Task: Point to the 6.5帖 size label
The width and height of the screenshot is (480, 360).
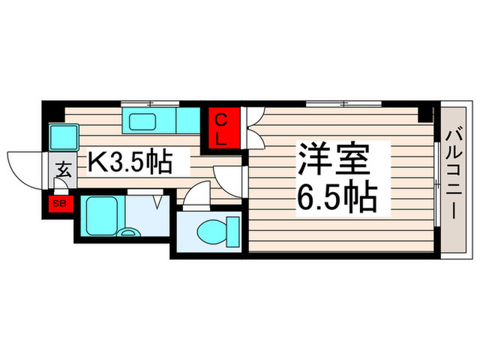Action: [x=336, y=197]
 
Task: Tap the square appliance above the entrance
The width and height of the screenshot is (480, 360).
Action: [x=63, y=137]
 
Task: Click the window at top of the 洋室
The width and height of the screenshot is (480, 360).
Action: [x=343, y=104]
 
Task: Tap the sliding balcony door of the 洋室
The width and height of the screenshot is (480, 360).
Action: [x=437, y=180]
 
